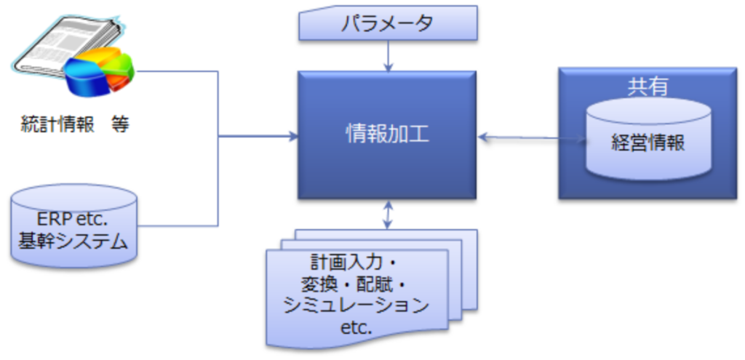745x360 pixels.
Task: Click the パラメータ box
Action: tap(388, 23)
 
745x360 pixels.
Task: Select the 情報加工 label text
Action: tap(387, 135)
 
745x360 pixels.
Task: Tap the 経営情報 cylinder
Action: tap(648, 139)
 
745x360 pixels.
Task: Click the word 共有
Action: tap(648, 87)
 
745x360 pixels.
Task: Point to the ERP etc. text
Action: tap(73, 220)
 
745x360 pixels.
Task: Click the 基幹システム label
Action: tap(73, 241)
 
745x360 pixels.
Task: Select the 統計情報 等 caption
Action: tap(75, 124)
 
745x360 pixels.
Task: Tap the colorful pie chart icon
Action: tap(99, 71)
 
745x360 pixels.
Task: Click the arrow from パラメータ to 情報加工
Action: tap(389, 56)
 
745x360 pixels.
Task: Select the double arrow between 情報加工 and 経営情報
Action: tap(532, 138)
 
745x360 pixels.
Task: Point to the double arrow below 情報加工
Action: tap(389, 215)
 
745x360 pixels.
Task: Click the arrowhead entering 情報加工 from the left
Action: tap(294, 137)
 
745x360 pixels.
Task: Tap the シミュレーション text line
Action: tap(356, 306)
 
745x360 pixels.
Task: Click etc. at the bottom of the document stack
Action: tap(356, 328)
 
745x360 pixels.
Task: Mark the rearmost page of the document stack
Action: tap(471, 270)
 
